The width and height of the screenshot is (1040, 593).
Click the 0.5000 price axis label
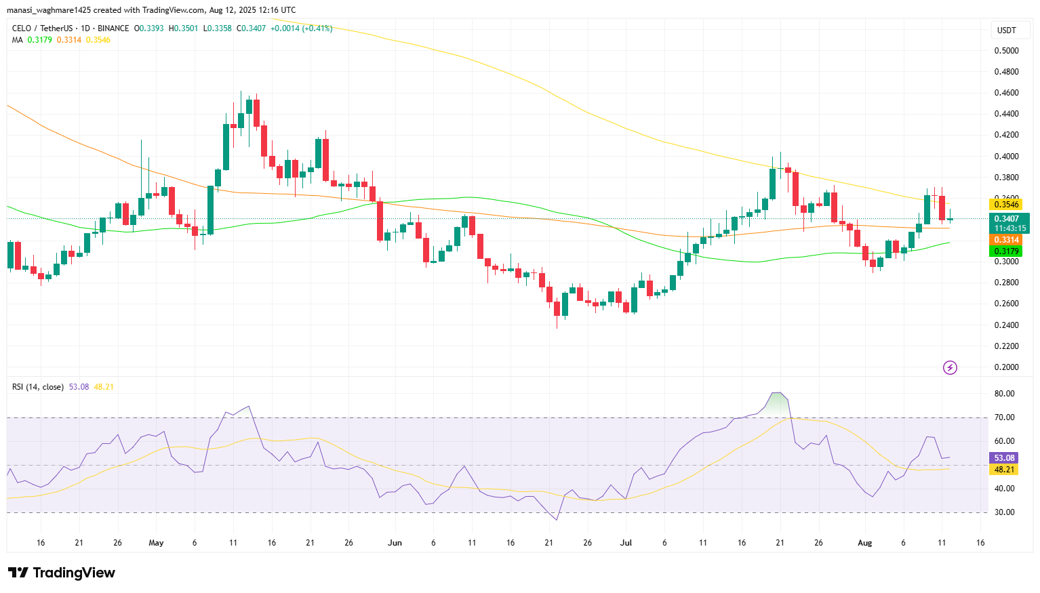1006,51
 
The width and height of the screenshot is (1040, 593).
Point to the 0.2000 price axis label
1006,367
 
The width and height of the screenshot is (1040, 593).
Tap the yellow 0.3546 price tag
1007,205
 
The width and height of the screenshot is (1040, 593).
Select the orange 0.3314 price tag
1007,240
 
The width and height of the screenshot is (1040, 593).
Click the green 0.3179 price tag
1007,251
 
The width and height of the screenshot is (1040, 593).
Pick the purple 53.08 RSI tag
1004,458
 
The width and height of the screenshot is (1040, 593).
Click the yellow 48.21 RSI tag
1004,470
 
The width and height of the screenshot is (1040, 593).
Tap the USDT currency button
1007,30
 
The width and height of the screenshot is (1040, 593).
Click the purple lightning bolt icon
951,367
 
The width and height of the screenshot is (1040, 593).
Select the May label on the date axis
156,543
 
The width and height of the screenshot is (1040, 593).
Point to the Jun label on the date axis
395,543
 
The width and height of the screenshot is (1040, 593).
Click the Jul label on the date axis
626,543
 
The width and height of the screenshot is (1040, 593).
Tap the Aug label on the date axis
864,543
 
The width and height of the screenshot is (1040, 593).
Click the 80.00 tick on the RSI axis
1005,394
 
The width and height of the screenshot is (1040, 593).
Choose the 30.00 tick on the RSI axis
1005,512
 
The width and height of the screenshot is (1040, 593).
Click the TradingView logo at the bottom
62,573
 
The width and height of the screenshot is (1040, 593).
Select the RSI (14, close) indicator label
38,387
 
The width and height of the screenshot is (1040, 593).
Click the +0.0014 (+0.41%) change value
301,28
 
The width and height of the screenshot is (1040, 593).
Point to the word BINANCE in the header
113,28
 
